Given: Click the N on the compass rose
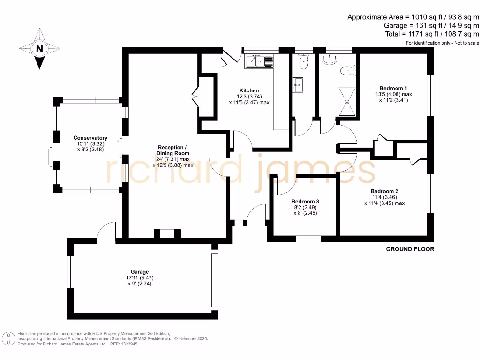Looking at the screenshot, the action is point(39,49).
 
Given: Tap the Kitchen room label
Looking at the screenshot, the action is point(249,90).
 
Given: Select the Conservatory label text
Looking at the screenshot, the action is point(90,138).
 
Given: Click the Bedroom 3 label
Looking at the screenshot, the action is point(305,202).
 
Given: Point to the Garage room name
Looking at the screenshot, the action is point(140,272).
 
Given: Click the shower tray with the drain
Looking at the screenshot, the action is point(347,102).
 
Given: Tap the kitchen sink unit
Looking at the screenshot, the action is point(259,61).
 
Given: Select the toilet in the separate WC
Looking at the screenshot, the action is point(304,62).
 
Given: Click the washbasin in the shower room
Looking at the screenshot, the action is point(330,60).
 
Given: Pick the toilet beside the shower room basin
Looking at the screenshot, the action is point(348,71).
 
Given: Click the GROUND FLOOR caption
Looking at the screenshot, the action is point(410,249).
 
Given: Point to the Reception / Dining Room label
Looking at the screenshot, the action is point(173,150).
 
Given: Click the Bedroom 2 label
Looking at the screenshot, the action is point(384,191).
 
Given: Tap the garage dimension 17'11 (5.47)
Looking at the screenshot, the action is point(140,277).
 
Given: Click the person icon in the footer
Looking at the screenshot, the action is point(8,339).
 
